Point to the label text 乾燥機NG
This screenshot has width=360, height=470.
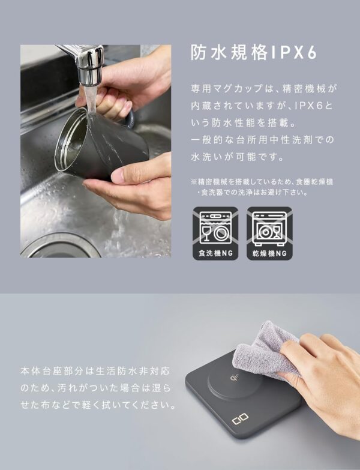[x=269, y=253]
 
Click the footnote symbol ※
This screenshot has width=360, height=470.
[x=194, y=181]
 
